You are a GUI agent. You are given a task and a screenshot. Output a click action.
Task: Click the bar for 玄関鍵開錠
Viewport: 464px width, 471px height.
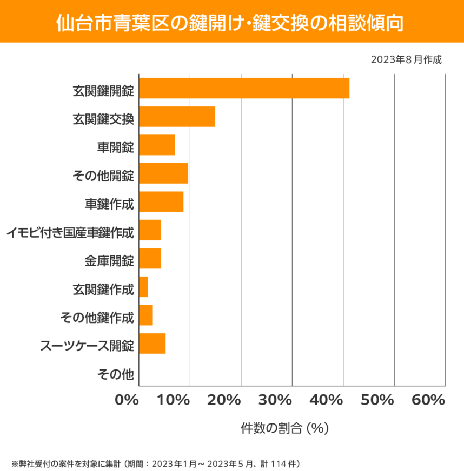tap(244, 88)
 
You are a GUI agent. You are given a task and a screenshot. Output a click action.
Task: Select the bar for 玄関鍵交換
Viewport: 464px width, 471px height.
tap(177, 117)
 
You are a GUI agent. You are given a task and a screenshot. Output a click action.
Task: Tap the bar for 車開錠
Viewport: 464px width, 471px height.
tap(157, 145)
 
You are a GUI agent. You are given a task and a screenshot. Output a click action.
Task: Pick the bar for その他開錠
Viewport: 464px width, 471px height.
tap(163, 173)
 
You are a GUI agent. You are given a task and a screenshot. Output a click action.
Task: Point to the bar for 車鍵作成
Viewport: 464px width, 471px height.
tap(161, 201)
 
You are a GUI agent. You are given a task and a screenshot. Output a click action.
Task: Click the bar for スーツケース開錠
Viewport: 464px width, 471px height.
tap(152, 344)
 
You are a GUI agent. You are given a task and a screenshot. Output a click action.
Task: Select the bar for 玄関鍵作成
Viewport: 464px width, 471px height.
tap(143, 287)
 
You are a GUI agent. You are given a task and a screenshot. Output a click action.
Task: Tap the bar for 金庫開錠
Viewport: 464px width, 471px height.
tap(150, 258)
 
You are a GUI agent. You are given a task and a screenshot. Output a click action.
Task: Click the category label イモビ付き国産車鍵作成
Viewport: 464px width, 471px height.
tap(70, 233)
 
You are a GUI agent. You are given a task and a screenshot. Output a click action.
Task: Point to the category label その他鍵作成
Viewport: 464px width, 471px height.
tap(97, 318)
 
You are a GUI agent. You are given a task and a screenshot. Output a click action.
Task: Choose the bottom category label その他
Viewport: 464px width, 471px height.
tap(115, 373)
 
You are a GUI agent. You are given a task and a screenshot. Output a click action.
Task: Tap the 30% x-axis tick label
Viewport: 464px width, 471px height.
tap(276, 400)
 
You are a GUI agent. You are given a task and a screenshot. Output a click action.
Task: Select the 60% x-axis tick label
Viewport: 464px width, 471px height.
tap(428, 400)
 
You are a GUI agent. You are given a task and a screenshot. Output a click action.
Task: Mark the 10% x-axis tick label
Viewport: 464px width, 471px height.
tap(174, 400)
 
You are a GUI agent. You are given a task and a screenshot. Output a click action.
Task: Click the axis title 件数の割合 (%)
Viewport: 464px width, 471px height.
tap(284, 428)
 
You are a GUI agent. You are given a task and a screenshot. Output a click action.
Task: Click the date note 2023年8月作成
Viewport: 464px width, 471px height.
tap(406, 59)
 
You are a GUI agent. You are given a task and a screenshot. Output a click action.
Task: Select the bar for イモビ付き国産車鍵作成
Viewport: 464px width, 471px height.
tap(150, 230)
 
